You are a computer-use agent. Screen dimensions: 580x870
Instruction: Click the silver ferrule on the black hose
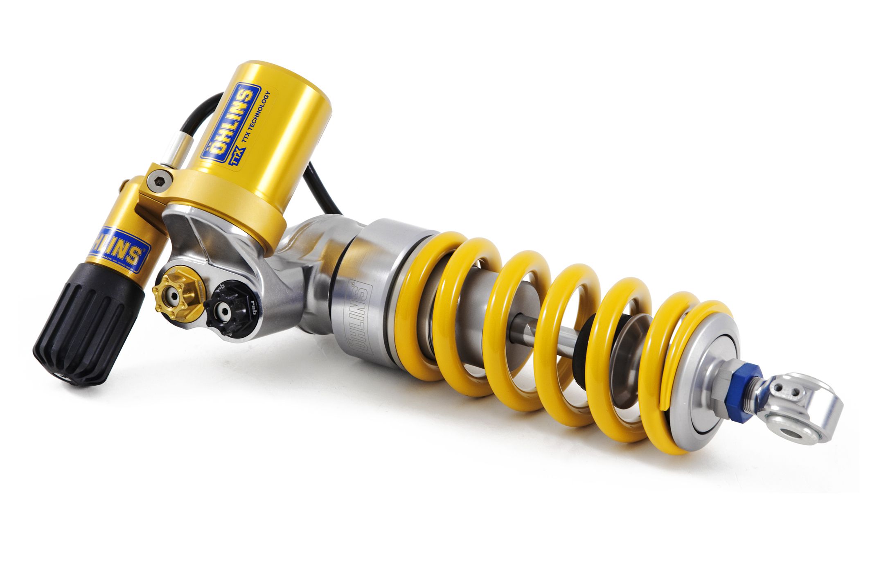pos(179,147)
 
